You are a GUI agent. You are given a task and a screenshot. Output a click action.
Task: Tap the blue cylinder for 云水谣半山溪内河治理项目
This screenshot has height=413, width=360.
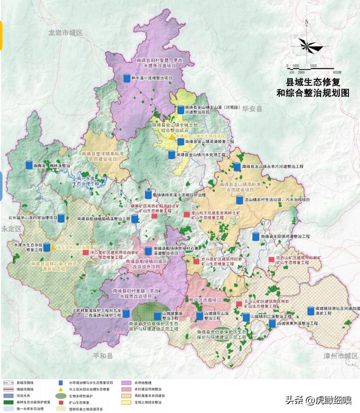61,218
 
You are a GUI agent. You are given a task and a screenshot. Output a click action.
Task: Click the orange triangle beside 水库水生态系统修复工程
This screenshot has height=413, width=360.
53,247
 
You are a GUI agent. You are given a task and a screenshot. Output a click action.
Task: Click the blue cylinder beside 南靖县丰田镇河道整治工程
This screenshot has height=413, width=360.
256,236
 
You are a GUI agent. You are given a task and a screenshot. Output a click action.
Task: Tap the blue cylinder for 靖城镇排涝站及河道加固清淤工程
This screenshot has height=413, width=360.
310,311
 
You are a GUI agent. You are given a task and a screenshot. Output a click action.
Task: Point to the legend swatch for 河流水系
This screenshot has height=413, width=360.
7,395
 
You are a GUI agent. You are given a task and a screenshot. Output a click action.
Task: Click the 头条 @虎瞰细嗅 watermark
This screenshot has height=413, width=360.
318,400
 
